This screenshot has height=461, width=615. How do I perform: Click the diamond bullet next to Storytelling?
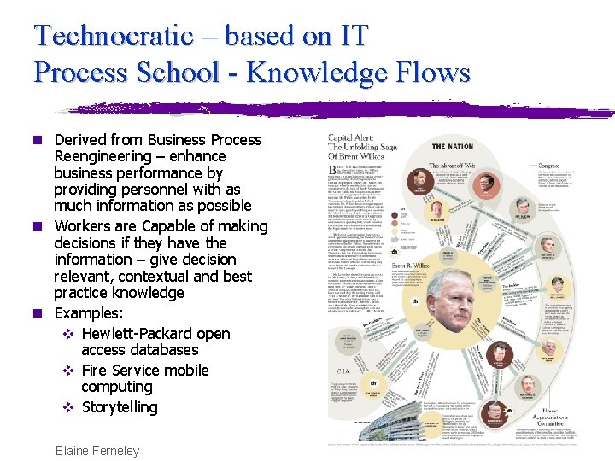(x=69, y=407)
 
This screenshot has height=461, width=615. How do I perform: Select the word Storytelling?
(x=120, y=407)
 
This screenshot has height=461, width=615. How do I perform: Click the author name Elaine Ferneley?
(x=97, y=451)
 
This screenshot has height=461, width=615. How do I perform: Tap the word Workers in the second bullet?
(x=83, y=226)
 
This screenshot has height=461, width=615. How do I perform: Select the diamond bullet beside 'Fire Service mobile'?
(x=69, y=371)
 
